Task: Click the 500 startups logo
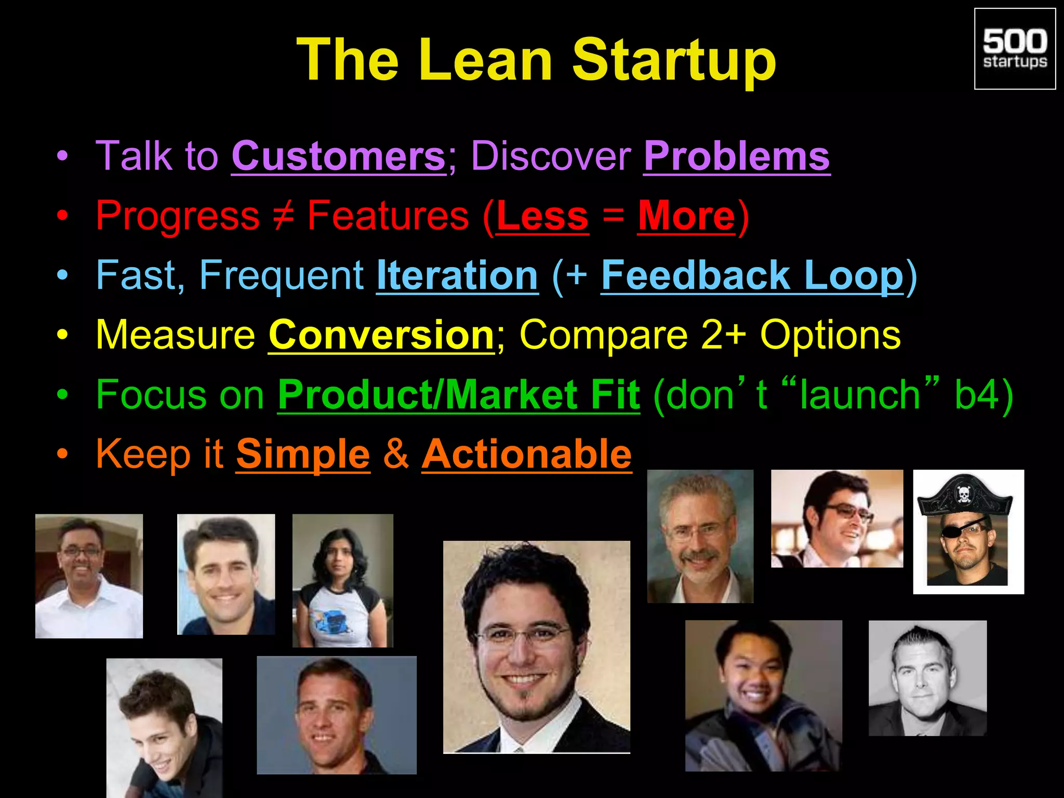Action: click(1014, 49)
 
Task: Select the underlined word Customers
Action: click(338, 156)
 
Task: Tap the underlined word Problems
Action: click(736, 156)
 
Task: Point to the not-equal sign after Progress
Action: click(283, 216)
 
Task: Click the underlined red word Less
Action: click(542, 216)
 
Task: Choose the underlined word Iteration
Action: click(457, 275)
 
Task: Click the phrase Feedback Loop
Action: click(752, 275)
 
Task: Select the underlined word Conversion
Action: click(381, 335)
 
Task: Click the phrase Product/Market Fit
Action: click(458, 395)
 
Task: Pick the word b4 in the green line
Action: click(977, 395)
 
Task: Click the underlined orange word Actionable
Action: click(526, 454)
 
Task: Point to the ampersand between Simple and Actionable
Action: click(396, 454)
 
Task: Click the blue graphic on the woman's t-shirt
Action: click(329, 622)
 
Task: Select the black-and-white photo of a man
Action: click(927, 678)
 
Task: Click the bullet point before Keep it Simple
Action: click(62, 454)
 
